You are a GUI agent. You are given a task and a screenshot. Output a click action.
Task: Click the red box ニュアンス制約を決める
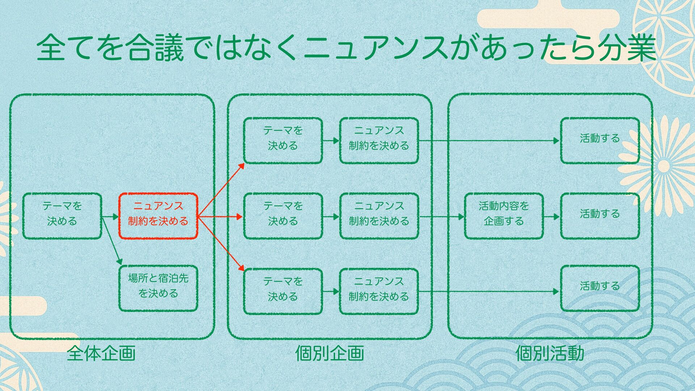pyautogui.click(x=158, y=216)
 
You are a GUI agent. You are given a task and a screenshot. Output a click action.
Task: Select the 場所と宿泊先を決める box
pyautogui.click(x=158, y=289)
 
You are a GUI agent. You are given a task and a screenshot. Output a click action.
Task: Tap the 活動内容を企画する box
pyautogui.click(x=504, y=216)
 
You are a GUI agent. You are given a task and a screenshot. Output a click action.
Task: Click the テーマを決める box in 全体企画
pyautogui.click(x=62, y=216)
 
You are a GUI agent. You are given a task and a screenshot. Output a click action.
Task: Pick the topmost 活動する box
pyautogui.click(x=600, y=140)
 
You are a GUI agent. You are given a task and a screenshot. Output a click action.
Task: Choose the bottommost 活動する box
pyautogui.click(x=600, y=288)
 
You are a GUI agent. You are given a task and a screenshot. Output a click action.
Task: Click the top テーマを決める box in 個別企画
pyautogui.click(x=283, y=140)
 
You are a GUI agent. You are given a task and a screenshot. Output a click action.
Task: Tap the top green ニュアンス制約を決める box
pyautogui.click(x=379, y=140)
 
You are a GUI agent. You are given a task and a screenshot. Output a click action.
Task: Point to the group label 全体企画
pyautogui.click(x=101, y=353)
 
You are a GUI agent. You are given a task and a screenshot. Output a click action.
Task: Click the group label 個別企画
pyautogui.click(x=329, y=353)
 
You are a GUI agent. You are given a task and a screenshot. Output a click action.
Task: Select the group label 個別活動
pyautogui.click(x=549, y=353)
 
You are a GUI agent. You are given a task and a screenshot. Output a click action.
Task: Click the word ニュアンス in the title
pyautogui.click(x=375, y=49)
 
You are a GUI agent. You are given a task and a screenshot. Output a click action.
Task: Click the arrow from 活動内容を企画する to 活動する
pyautogui.click(x=552, y=217)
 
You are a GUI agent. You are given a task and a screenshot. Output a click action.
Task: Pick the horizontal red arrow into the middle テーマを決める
pyautogui.click(x=220, y=217)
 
